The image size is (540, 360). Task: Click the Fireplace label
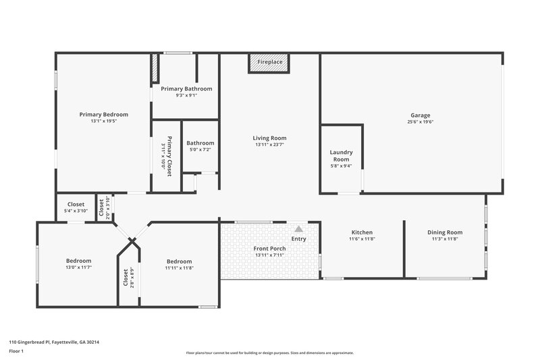tap(270, 62)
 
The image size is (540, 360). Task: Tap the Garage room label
tap(420, 115)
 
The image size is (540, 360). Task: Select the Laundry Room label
tap(340, 155)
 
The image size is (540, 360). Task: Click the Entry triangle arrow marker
tap(298, 229)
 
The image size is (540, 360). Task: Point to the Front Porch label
tap(269, 249)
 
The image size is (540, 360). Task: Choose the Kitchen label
tap(362, 232)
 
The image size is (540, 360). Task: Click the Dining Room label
tap(444, 232)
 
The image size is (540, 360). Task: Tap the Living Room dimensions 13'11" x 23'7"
tap(269, 145)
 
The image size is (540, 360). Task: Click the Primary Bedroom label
tap(103, 114)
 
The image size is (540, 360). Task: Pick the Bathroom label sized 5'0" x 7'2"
tap(200, 143)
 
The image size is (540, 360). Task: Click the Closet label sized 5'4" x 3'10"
tap(76, 204)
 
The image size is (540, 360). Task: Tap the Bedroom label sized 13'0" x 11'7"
tap(78, 261)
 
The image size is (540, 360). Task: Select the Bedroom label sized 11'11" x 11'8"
tap(179, 261)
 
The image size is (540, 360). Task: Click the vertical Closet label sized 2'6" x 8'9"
tap(126, 278)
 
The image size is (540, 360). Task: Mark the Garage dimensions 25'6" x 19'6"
tap(420, 122)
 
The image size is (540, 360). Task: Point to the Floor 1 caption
tap(16, 351)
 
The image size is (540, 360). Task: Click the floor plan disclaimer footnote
tap(269, 353)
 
